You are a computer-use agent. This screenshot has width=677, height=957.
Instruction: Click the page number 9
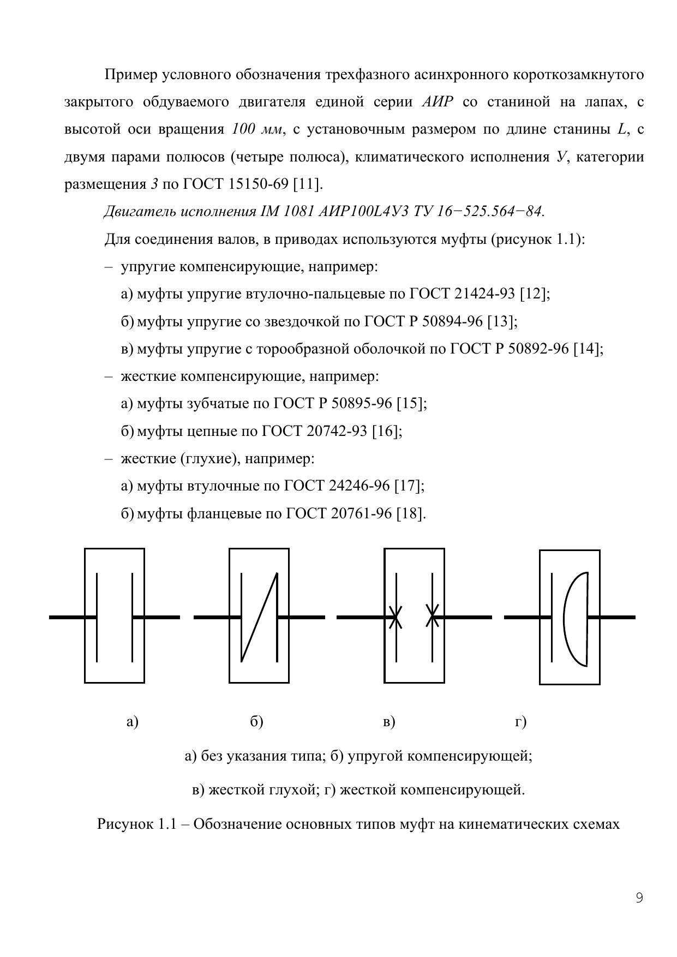point(639,898)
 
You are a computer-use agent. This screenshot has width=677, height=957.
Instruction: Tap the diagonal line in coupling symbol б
point(260,617)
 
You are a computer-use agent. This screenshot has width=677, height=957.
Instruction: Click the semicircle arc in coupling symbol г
point(567,619)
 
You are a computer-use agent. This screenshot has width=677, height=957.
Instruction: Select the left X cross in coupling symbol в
point(396,617)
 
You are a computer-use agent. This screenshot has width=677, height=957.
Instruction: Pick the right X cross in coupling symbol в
point(432,617)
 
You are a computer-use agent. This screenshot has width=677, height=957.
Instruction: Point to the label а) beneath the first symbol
point(132,722)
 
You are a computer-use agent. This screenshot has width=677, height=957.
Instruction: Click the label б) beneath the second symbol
point(256,722)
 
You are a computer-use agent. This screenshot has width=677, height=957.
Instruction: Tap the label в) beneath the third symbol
point(389,722)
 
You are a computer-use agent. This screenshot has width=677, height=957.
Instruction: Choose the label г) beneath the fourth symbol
point(520,722)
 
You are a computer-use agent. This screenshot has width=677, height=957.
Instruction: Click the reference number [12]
point(535,294)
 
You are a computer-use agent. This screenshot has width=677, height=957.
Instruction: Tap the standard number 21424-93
point(484,294)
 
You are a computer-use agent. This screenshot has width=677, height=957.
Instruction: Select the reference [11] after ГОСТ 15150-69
point(308,184)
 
